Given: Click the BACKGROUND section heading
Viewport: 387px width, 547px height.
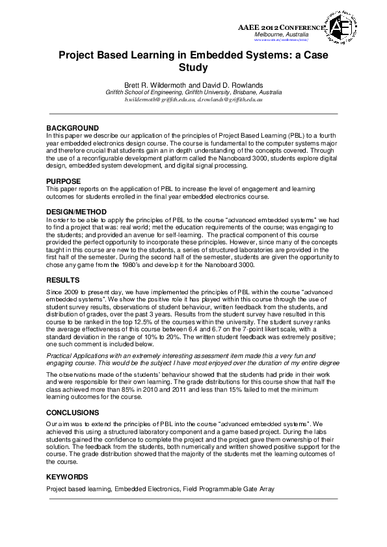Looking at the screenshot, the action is pos(72,127).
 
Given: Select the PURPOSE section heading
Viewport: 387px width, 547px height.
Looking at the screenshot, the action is pos(63,181).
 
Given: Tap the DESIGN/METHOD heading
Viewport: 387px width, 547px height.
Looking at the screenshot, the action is pos(78,212).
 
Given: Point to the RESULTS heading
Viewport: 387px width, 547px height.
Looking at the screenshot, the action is pos(62,279).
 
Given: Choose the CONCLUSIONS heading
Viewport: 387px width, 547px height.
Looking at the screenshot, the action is pos(73,413).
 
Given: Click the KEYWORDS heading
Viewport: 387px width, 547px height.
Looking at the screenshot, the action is pos(68,477).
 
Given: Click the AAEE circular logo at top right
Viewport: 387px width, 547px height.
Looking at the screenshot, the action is pos(341,26).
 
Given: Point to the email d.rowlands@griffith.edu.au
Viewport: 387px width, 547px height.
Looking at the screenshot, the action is pos(228,100).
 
